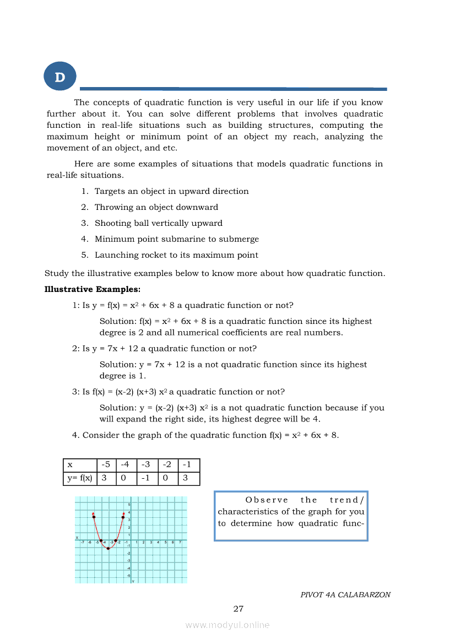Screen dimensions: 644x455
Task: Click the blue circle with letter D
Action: point(60,77)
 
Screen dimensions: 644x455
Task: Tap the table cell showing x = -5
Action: point(106,465)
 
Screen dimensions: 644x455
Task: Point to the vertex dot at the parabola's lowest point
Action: point(109,549)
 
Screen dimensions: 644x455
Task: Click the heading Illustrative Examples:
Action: point(85,289)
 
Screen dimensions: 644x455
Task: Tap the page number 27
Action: point(239,609)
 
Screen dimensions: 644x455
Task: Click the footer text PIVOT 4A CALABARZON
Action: point(345,595)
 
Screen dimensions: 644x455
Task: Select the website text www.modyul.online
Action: point(227,625)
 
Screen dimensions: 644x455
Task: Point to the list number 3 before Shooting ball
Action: point(85,223)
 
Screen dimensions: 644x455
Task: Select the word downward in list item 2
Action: point(197,207)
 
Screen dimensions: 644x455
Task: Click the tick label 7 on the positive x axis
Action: point(180,543)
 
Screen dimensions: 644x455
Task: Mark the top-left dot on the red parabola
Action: point(94,517)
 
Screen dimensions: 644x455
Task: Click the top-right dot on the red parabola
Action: point(123,517)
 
